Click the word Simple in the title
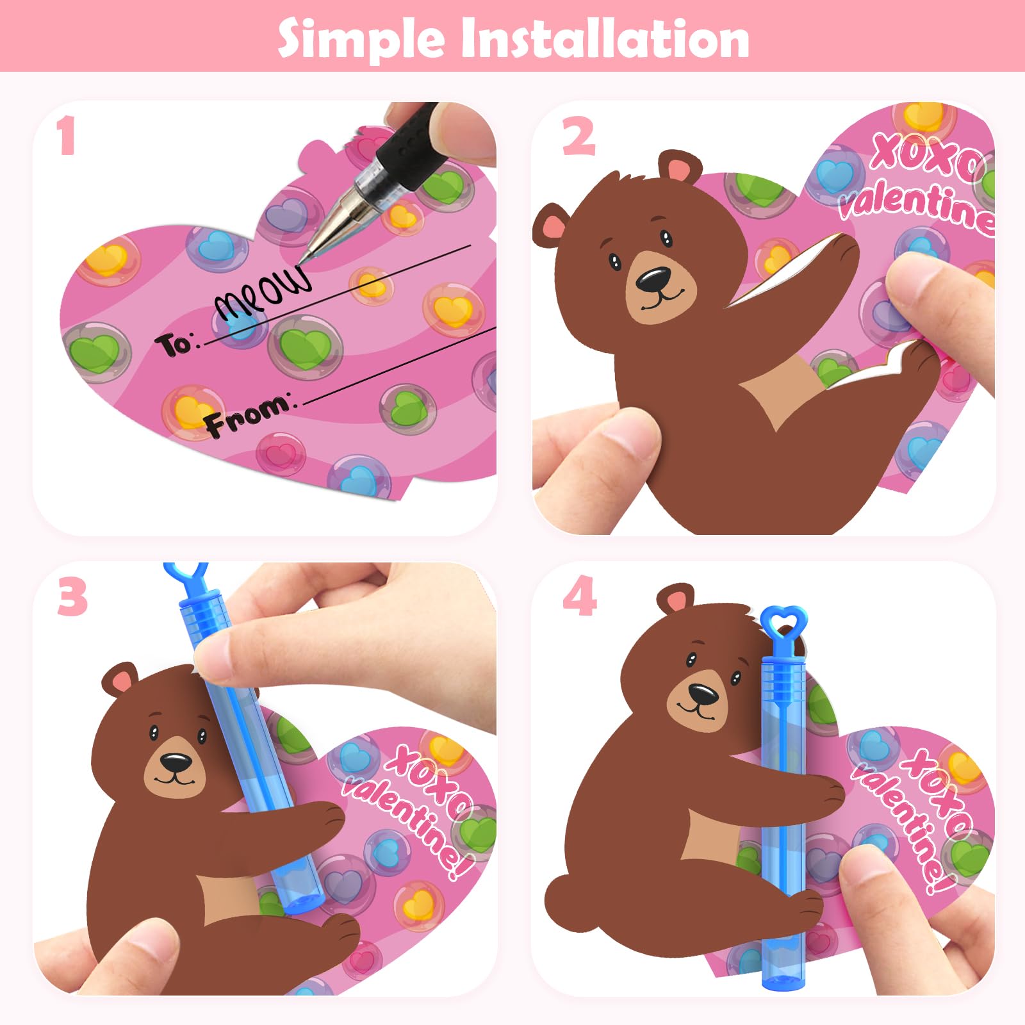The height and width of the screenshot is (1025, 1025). (361, 38)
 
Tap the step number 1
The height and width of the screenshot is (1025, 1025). (66, 136)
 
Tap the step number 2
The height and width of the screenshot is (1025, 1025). (578, 137)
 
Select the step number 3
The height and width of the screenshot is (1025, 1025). (72, 596)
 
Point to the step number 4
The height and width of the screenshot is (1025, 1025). (580, 596)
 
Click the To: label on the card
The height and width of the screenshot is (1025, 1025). (177, 344)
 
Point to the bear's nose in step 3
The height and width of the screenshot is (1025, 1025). (176, 762)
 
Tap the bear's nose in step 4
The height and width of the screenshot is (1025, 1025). (703, 694)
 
